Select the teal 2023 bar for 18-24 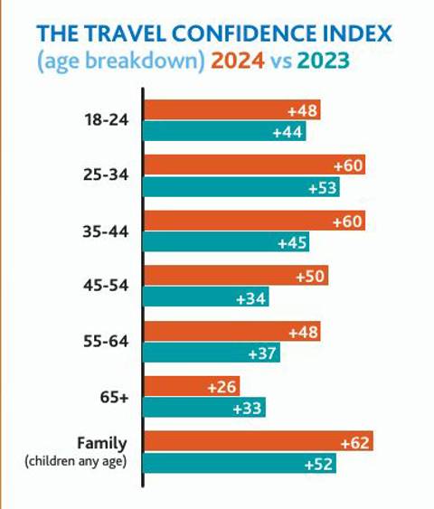225,132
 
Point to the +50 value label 309,277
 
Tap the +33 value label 247,408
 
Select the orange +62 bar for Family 259,442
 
